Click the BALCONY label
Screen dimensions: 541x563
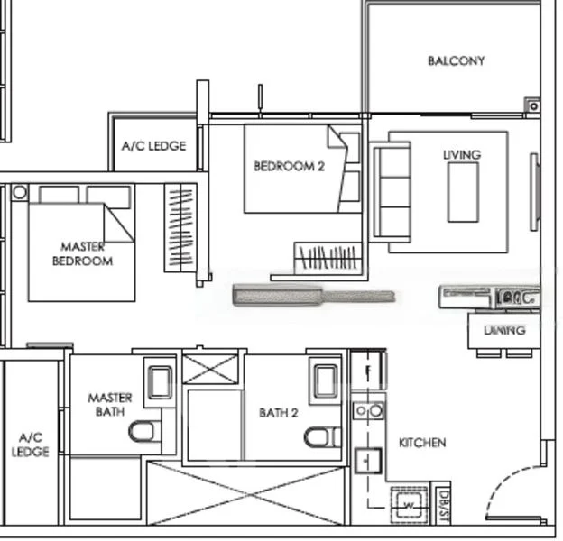click(456, 60)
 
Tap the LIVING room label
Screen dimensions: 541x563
click(462, 154)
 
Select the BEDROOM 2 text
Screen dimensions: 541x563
click(289, 166)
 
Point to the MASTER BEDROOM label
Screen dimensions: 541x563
click(82, 253)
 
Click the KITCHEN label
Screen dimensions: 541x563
click(422, 443)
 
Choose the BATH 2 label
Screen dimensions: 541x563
click(278, 413)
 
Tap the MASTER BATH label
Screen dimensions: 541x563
click(109, 405)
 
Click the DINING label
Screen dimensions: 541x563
click(504, 330)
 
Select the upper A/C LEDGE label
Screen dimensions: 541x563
click(154, 145)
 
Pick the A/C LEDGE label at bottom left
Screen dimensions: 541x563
click(30, 445)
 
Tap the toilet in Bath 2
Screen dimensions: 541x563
click(317, 437)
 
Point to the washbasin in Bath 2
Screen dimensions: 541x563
click(323, 381)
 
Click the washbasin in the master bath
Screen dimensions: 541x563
click(160, 382)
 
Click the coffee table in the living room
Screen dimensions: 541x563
click(464, 192)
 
